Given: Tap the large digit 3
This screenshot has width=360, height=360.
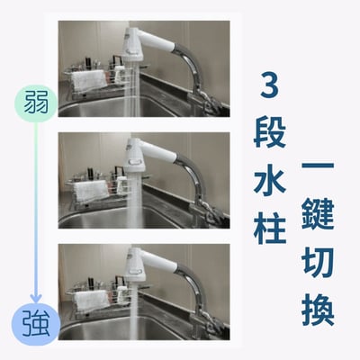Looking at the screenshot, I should pyautogui.click(x=267, y=87).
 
